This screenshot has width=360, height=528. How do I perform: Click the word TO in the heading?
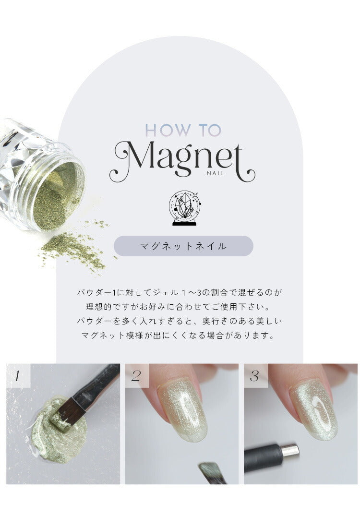tap(210, 130)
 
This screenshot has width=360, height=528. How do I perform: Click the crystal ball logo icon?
tap(184, 208)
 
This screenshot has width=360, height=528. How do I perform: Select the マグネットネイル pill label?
tap(183, 246)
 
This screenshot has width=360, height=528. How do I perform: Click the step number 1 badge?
tap(18, 375)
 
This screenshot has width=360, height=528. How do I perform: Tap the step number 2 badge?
tap(136, 375)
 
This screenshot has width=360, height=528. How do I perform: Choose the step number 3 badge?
tap(255, 375)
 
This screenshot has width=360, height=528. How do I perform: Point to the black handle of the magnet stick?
tap(264, 457)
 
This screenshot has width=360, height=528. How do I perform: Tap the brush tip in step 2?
tap(210, 472)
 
